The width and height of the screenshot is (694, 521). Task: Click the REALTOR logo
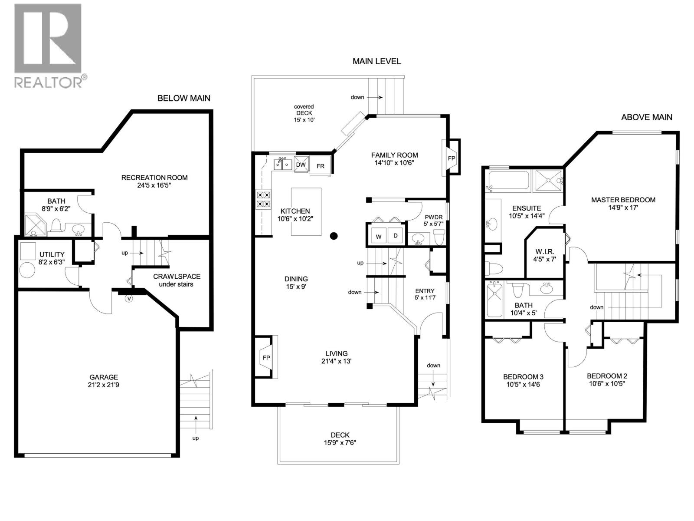(x=48, y=45)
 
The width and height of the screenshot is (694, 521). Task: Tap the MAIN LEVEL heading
(x=376, y=61)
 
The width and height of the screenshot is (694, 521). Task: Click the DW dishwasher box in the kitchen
(x=301, y=165)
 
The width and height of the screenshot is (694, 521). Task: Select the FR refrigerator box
(x=320, y=166)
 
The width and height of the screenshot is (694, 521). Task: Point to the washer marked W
(x=379, y=237)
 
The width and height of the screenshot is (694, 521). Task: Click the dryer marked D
(x=395, y=236)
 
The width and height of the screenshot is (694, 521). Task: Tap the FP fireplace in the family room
(x=451, y=158)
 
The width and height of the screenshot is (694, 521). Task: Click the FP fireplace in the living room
(x=266, y=358)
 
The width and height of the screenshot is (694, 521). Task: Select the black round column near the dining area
(x=334, y=236)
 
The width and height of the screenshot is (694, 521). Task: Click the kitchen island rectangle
(x=306, y=211)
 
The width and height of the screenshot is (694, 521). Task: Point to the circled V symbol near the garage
(x=128, y=298)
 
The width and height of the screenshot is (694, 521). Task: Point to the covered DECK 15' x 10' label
(x=304, y=113)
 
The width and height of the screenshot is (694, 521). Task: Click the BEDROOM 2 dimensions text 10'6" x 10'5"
(x=607, y=383)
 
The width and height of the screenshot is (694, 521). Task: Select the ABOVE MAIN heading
(x=646, y=117)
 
